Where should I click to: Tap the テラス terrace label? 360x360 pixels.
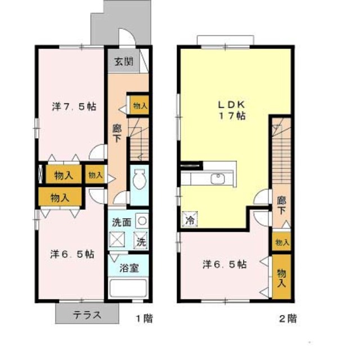tap(87, 315)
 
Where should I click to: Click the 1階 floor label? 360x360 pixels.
tap(144, 319)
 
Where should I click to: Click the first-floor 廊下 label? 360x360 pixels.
tap(118, 132)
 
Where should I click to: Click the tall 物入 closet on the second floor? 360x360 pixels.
tap(281, 276)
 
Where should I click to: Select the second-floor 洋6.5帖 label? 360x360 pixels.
tap(224, 263)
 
